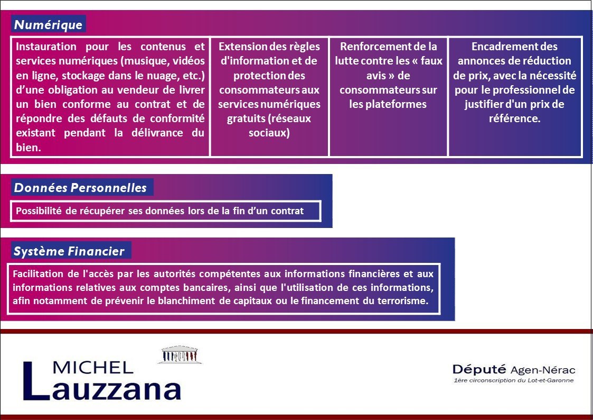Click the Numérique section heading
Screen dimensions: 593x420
point(48,25)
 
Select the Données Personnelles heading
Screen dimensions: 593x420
point(80,188)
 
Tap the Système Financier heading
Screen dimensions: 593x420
point(69,251)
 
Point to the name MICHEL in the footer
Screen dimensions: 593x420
point(93,367)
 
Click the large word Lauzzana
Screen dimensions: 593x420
point(102,382)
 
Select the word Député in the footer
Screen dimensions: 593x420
point(479,370)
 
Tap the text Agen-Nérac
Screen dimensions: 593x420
point(543,370)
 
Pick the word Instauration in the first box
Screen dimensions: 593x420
point(46,47)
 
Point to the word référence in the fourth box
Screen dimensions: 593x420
point(514,118)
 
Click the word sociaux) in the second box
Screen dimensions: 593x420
point(269,133)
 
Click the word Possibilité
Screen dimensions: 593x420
point(39,211)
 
